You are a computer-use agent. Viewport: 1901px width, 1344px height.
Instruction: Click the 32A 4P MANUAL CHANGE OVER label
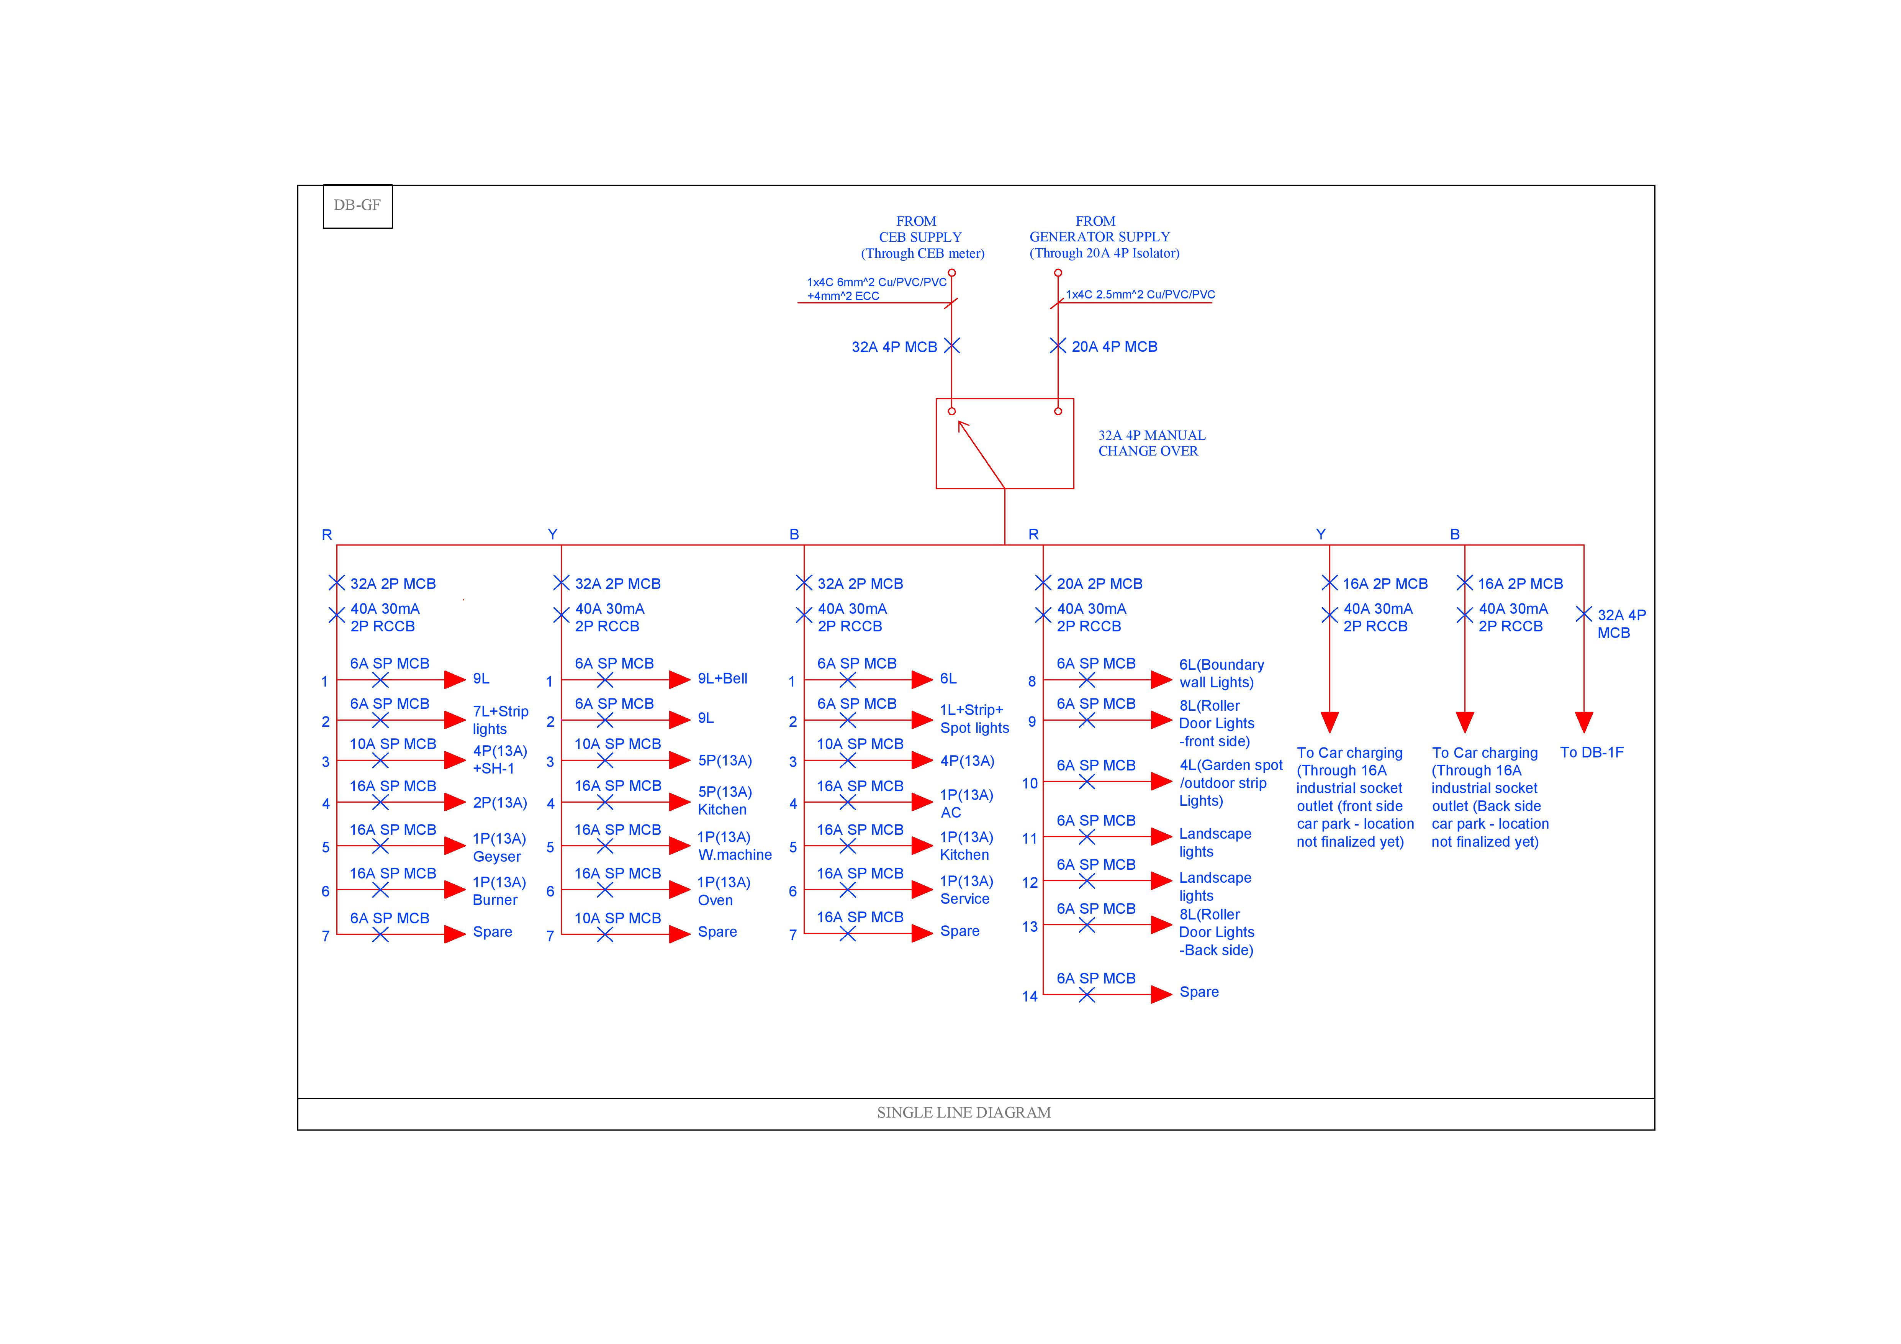(1151, 443)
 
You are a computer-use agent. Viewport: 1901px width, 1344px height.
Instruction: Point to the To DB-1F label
(1592, 753)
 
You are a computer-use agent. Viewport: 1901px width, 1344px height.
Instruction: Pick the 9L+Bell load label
(722, 679)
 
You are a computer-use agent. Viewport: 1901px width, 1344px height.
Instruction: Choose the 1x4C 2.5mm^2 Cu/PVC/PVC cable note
(1140, 295)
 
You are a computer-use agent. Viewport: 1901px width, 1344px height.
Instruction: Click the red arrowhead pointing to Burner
(455, 890)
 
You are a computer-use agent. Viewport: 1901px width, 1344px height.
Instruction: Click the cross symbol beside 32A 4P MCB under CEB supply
(952, 346)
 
